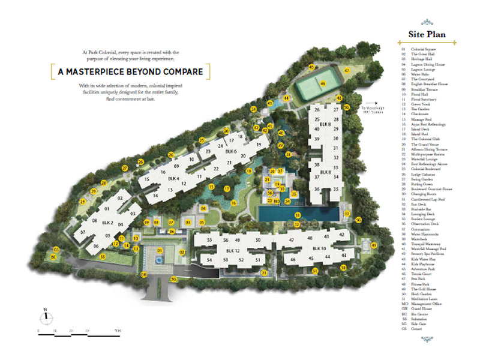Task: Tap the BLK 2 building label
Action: (x=108, y=223)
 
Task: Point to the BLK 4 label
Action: (x=173, y=179)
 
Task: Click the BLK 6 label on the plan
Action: (x=232, y=151)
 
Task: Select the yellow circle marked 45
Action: (x=311, y=67)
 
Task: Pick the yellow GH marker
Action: (x=144, y=275)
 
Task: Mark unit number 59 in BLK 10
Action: (x=344, y=267)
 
